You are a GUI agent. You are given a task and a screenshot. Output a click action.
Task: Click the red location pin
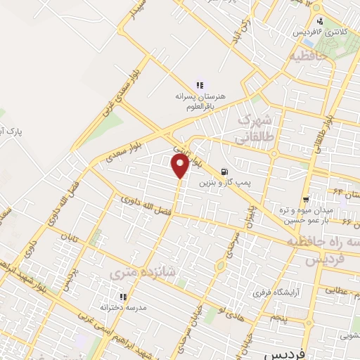click(180, 167)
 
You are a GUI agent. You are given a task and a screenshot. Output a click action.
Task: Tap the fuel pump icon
click(224, 171)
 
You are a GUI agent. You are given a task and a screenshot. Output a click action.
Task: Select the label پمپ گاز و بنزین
click(224, 182)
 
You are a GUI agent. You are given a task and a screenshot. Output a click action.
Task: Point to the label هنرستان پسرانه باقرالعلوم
click(200, 100)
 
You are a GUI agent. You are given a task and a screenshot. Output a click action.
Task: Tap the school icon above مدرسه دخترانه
click(124, 297)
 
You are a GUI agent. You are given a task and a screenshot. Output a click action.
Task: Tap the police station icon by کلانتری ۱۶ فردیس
click(320, 21)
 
